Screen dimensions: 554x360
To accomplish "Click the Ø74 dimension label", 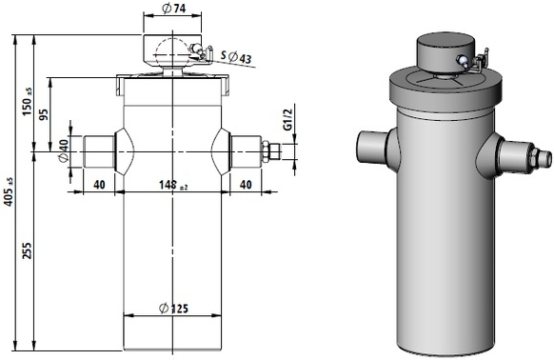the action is [173, 8].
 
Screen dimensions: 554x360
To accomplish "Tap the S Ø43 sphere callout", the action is [236, 57].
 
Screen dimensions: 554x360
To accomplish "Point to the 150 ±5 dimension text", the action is [27, 102].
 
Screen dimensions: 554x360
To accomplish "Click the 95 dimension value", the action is [44, 114].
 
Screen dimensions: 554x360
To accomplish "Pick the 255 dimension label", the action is [27, 250].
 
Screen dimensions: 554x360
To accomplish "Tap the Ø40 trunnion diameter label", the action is [64, 151].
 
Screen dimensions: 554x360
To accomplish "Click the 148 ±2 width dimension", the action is [173, 185].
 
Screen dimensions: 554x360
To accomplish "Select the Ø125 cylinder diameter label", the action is [173, 309].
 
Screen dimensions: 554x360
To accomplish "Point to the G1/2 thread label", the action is [288, 120].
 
